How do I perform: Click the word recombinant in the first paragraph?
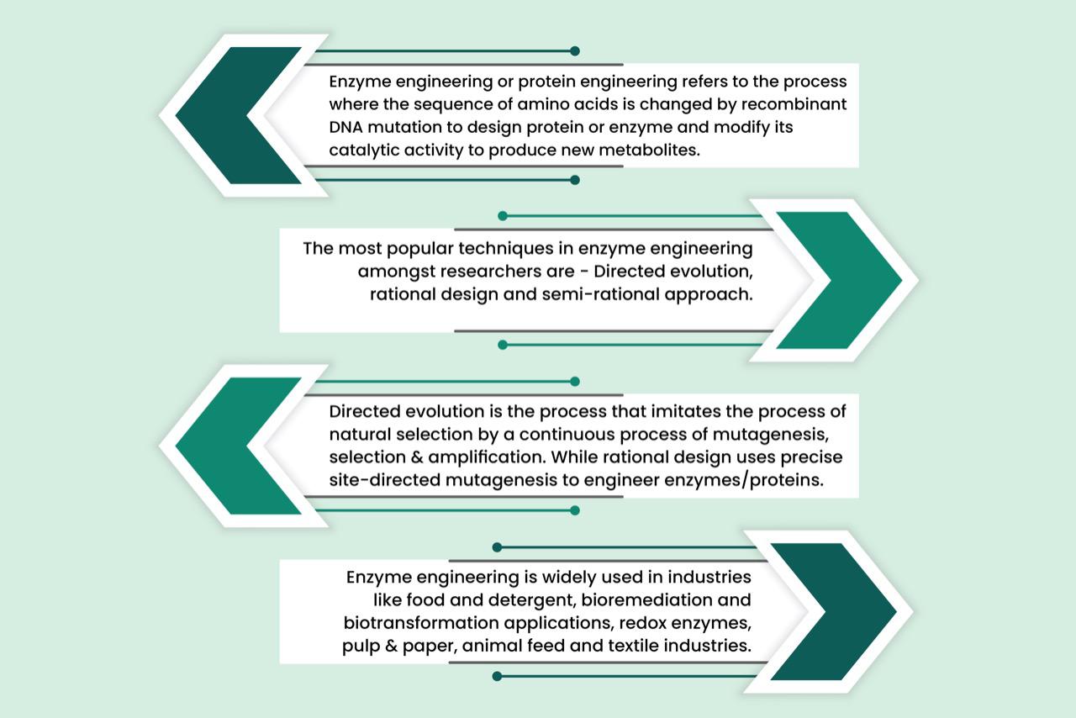pos(802,105)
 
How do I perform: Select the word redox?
pos(630,624)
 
